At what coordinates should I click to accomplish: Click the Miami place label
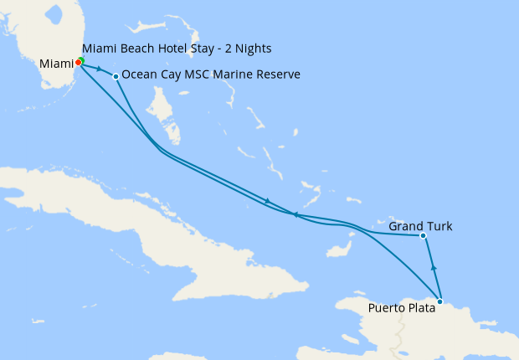[56, 64]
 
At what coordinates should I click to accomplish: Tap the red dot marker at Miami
[78, 61]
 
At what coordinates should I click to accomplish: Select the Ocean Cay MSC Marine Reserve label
[210, 75]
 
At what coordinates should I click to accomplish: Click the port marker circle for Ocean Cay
[116, 76]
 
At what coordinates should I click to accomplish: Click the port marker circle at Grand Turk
[424, 236]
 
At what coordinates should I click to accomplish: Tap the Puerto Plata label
[402, 307]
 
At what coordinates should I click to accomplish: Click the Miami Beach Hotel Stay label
[177, 49]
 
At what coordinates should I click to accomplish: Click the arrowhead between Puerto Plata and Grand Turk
[434, 267]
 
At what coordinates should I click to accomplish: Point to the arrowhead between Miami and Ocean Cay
[100, 70]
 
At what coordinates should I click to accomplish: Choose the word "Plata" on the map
[419, 307]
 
